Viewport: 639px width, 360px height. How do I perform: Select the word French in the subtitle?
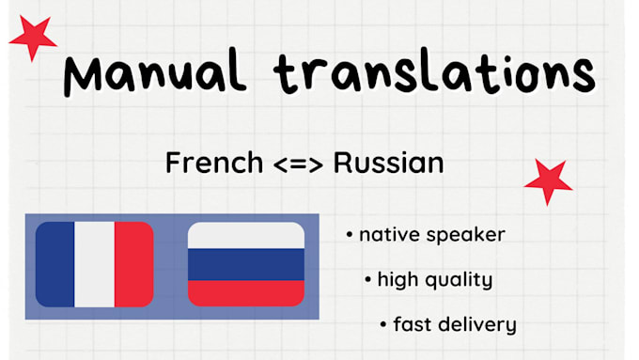[x=213, y=163]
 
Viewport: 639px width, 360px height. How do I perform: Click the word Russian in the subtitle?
[x=388, y=163]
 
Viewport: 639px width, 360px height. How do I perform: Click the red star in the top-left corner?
[x=32, y=38]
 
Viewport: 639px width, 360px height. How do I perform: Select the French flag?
[x=94, y=264]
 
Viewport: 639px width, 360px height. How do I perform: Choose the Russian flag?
[x=246, y=264]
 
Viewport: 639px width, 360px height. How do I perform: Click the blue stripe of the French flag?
[x=55, y=264]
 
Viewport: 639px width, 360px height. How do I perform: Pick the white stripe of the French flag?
[x=94, y=264]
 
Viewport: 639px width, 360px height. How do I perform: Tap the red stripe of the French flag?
[x=133, y=264]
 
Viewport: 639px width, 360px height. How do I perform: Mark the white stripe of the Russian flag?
[x=246, y=235]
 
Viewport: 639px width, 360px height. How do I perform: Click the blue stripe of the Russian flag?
[x=246, y=264]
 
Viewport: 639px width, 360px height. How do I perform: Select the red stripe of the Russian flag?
[x=246, y=292]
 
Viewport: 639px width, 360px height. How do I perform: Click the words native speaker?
[x=431, y=235]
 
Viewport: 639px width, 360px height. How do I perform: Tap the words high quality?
[x=434, y=280]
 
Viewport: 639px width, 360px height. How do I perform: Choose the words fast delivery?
[x=454, y=325]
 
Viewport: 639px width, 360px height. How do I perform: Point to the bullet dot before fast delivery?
[x=383, y=325]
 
